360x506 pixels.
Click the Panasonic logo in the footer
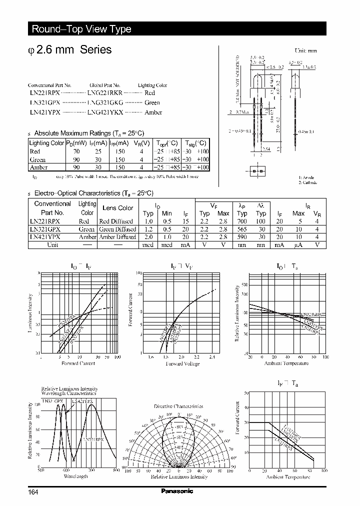(x=176, y=491)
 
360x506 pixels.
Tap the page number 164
(x=33, y=492)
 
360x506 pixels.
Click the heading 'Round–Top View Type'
(x=81, y=29)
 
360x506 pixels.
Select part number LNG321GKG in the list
(x=105, y=102)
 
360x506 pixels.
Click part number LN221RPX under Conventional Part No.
(x=45, y=93)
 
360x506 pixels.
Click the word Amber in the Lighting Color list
(x=153, y=112)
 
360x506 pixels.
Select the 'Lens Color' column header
(x=117, y=208)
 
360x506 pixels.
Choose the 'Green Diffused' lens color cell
(x=117, y=229)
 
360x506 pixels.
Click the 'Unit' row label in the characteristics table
(x=52, y=245)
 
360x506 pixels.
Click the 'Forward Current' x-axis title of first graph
(x=78, y=363)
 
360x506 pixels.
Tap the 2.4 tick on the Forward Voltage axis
(x=212, y=357)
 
